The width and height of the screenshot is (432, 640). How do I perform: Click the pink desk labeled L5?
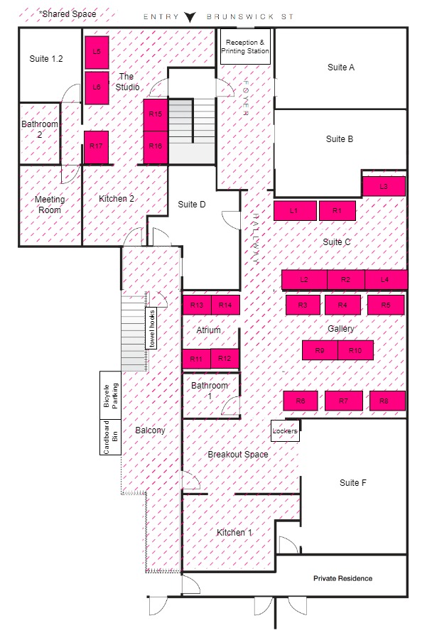[x=97, y=53]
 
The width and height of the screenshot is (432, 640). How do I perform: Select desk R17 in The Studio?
[x=97, y=147]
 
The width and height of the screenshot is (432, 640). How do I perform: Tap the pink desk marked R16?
[x=156, y=147]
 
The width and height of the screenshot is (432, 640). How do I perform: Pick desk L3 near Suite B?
[x=384, y=186]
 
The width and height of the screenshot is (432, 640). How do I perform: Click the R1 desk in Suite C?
[x=337, y=211]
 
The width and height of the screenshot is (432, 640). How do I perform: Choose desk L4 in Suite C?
[x=386, y=280]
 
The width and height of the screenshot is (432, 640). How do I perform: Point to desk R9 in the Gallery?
[x=320, y=350]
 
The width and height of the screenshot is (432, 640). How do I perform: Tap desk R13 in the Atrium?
[x=197, y=305]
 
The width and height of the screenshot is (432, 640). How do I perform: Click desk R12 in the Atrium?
[x=225, y=359]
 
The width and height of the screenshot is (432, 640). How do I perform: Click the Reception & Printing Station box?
[x=245, y=46]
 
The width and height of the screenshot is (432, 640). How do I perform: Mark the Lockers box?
[x=285, y=431]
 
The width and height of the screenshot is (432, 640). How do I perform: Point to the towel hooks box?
[x=151, y=329]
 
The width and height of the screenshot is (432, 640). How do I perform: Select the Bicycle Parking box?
[x=111, y=395]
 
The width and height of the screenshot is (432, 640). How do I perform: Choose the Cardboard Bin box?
[x=111, y=437]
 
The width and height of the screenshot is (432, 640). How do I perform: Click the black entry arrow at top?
[x=190, y=17]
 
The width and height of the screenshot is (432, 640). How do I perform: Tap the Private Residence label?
[x=343, y=578]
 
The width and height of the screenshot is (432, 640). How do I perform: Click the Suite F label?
[x=353, y=483]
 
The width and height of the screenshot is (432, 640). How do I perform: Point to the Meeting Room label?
[x=50, y=205]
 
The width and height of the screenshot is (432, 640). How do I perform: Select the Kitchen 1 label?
[x=234, y=532]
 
